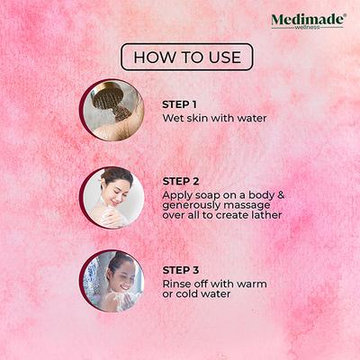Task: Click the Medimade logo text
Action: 305,18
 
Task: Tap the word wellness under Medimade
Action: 308,27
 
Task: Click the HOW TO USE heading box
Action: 186,58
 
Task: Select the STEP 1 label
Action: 181,103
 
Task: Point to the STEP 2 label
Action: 181,180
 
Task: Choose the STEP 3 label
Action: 181,267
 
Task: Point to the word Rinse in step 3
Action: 178,282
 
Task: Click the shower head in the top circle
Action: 109,97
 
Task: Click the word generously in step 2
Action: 193,206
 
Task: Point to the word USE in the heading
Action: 222,58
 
